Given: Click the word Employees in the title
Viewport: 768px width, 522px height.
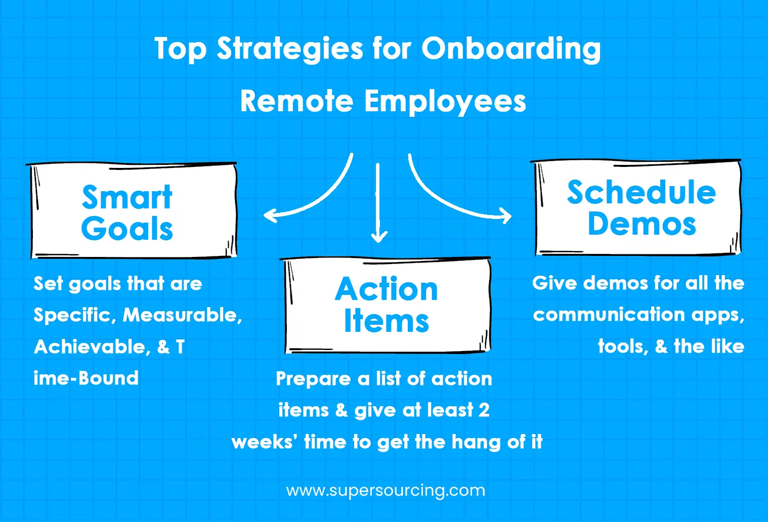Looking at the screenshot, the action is (445, 102).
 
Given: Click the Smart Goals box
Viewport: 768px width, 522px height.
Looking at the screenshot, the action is (132, 210).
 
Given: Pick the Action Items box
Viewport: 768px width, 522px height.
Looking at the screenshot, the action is (387, 305).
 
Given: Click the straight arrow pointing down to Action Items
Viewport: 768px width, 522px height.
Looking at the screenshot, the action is (378, 203).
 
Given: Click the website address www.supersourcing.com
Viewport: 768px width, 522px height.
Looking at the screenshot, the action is (386, 491).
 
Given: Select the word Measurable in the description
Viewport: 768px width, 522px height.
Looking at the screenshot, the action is (182, 315).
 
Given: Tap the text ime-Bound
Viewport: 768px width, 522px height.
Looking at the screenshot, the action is (86, 378).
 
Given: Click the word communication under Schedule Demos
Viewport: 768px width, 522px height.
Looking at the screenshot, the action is (609, 314).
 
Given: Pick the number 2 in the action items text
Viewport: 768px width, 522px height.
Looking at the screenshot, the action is (484, 410).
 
